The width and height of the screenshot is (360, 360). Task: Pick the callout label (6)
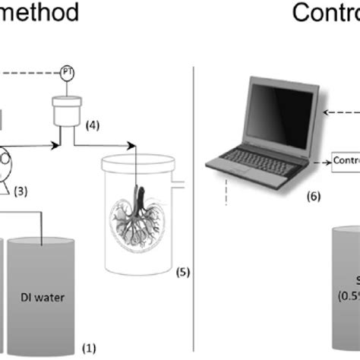314,196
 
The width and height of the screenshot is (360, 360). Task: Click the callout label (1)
90,348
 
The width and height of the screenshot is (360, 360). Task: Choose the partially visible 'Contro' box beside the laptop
346,161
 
